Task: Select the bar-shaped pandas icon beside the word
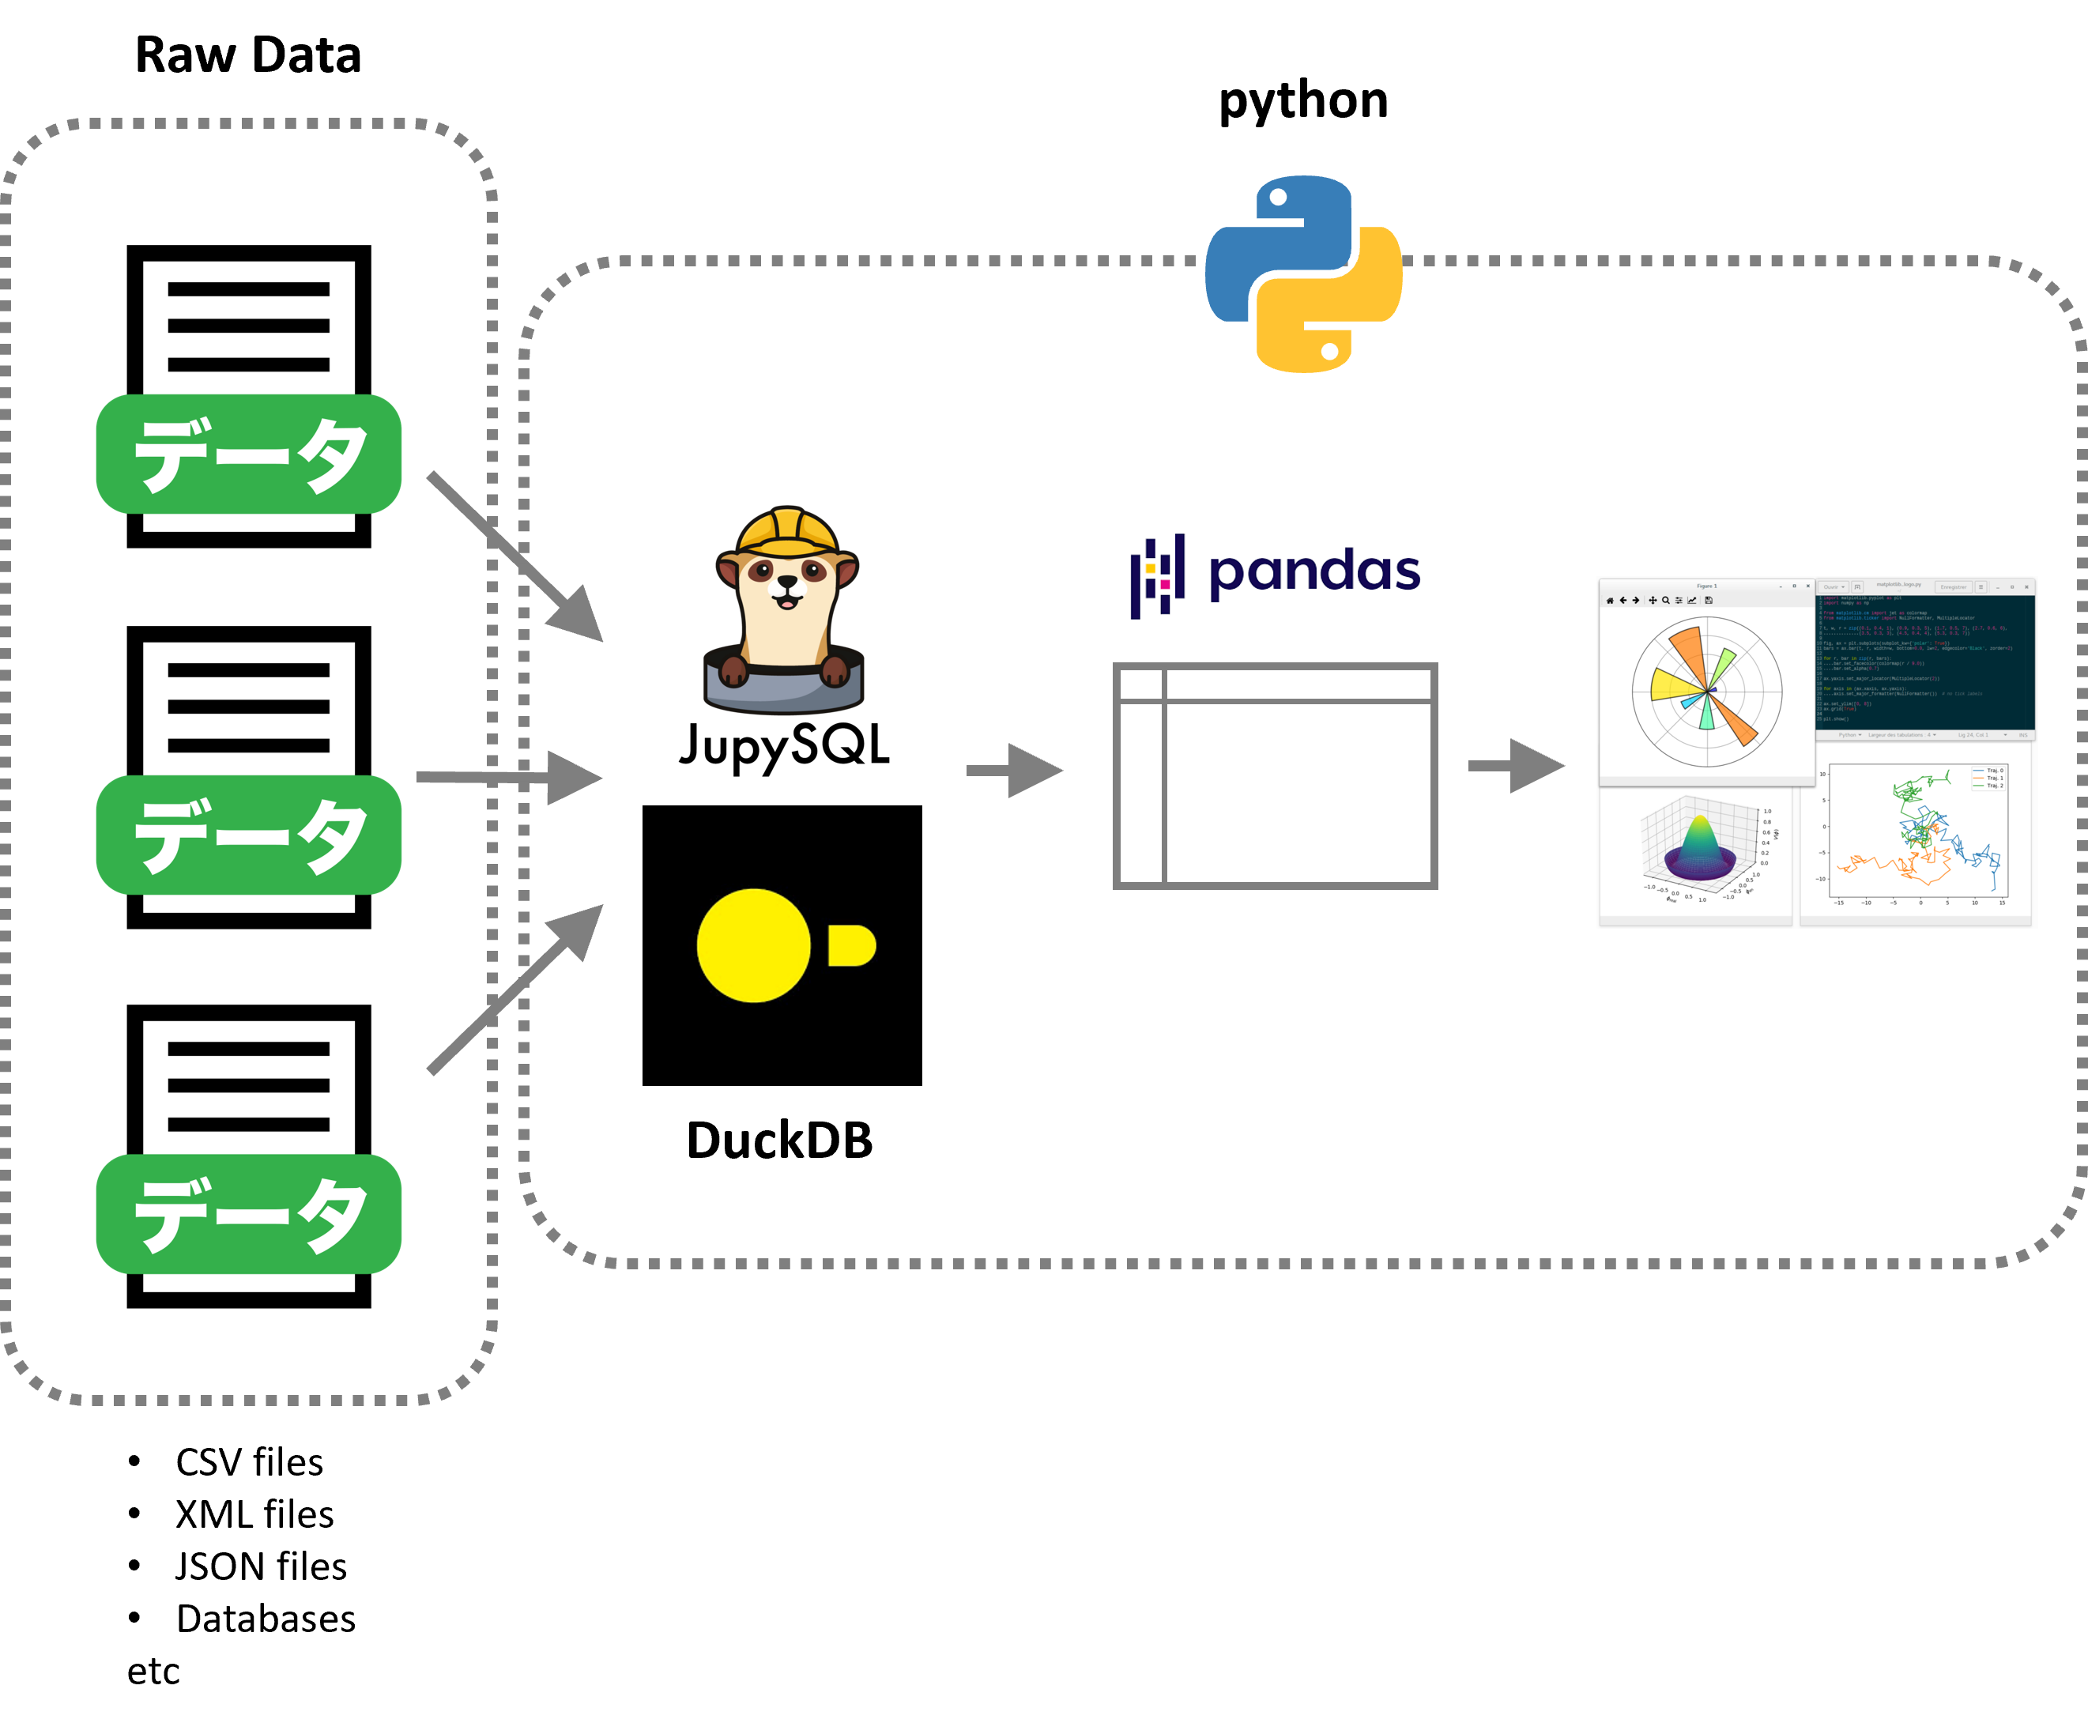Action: (x=1157, y=575)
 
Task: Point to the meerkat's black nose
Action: (x=787, y=583)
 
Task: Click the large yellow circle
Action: (x=753, y=944)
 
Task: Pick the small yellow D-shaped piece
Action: (x=850, y=944)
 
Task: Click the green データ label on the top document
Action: (x=248, y=454)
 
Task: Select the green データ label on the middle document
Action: (x=248, y=835)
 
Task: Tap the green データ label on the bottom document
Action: (x=248, y=1214)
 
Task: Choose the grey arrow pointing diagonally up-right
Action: (x=516, y=987)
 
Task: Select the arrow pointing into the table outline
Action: (x=1016, y=770)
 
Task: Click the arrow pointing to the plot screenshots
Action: (x=1517, y=765)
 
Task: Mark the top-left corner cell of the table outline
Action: (x=1140, y=684)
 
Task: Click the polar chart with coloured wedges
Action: (x=1707, y=691)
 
